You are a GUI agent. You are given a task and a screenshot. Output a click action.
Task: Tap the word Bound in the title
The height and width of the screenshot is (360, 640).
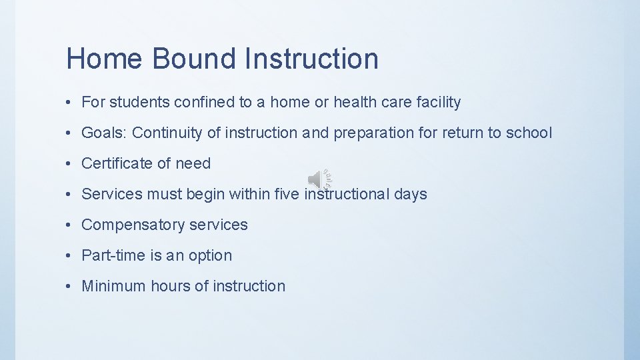tap(193, 59)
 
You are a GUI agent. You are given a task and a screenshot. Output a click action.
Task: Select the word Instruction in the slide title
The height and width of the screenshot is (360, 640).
tap(311, 59)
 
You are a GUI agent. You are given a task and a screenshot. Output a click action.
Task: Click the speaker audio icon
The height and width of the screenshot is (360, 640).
tap(319, 179)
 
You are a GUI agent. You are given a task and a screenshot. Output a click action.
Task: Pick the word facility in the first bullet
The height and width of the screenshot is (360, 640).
tap(438, 102)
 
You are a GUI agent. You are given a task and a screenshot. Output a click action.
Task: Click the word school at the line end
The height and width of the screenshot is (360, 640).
tap(529, 133)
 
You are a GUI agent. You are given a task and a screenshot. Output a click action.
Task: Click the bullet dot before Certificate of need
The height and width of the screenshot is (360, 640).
tap(69, 164)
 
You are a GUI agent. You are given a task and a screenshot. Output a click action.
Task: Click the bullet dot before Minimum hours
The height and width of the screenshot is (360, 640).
tap(69, 287)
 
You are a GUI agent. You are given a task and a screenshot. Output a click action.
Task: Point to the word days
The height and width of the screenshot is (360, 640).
tap(410, 194)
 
